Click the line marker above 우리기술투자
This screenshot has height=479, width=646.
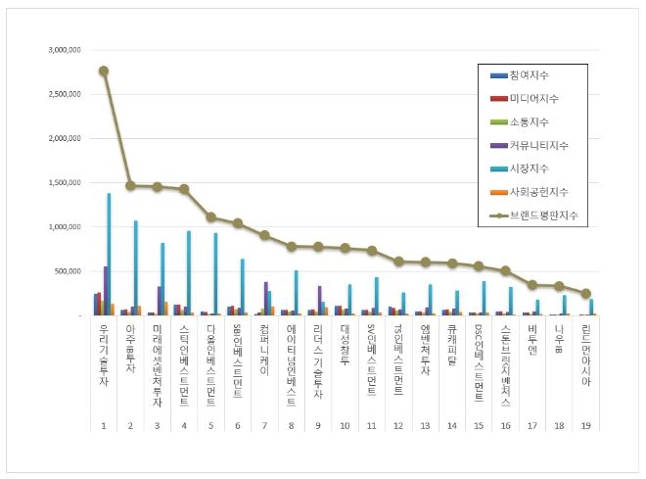point(104,71)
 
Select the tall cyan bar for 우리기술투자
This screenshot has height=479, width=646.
point(109,255)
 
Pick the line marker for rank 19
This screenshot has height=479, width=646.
point(586,293)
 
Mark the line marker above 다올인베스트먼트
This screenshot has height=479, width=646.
point(210,217)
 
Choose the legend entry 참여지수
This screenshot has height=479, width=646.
point(529,74)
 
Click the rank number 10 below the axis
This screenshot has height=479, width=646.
point(345,426)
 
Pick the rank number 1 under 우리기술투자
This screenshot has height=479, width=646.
point(104,426)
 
